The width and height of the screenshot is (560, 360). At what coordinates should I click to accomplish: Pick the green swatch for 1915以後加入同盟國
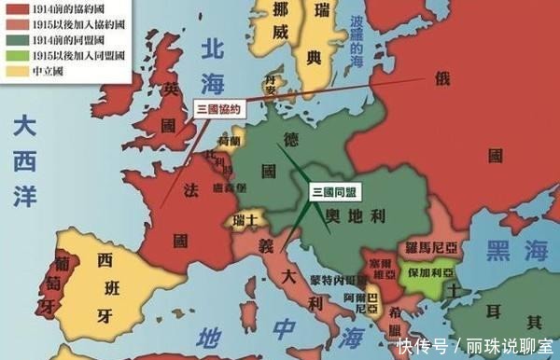pyautogui.click(x=13, y=52)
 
